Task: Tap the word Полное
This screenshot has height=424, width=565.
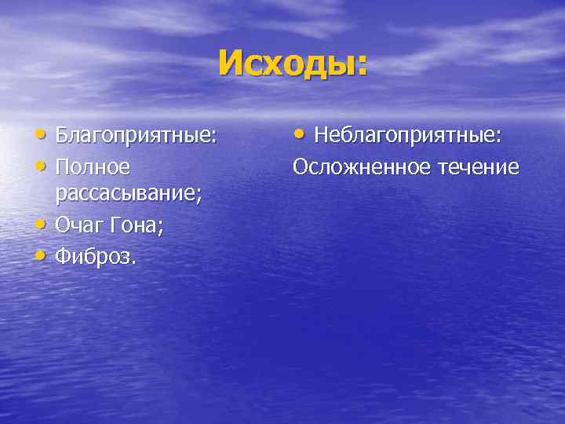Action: (93, 166)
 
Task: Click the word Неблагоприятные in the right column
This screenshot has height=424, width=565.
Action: (406, 135)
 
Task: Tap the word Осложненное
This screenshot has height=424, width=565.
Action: (362, 166)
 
